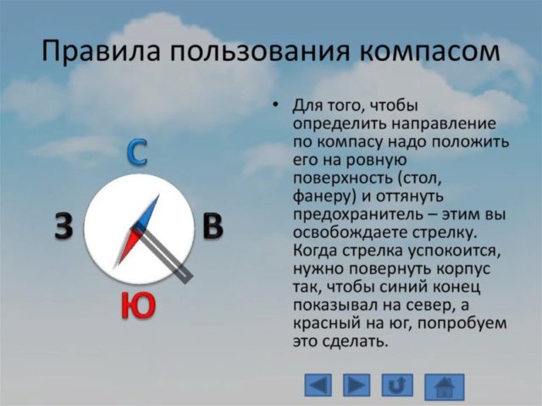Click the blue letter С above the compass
pyautogui.click(x=138, y=152)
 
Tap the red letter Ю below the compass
pyautogui.click(x=138, y=305)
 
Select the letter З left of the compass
pyautogui.click(x=64, y=228)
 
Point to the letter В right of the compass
pyautogui.click(x=213, y=228)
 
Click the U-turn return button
pyautogui.click(x=397, y=386)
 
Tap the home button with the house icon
pyautogui.click(x=445, y=387)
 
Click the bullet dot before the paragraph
pyautogui.click(x=274, y=106)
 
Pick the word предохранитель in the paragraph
pyautogui.click(x=347, y=216)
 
